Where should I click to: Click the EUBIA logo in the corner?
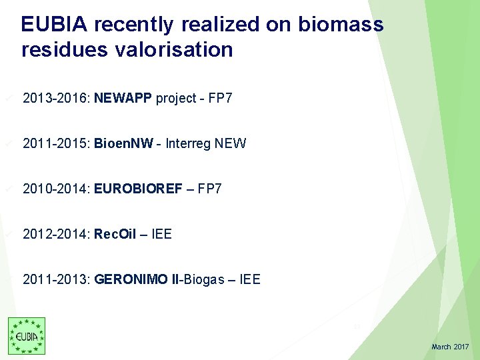click(27, 335)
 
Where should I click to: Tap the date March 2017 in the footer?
click(450, 347)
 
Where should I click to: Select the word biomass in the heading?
click(341, 25)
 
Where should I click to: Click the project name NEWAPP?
click(123, 99)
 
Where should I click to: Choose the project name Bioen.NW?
click(124, 143)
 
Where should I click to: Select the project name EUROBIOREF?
click(138, 189)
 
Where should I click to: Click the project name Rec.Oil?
click(115, 234)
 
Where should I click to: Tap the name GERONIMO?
click(132, 279)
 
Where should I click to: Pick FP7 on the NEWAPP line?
click(220, 99)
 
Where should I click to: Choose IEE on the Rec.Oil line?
click(161, 234)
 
